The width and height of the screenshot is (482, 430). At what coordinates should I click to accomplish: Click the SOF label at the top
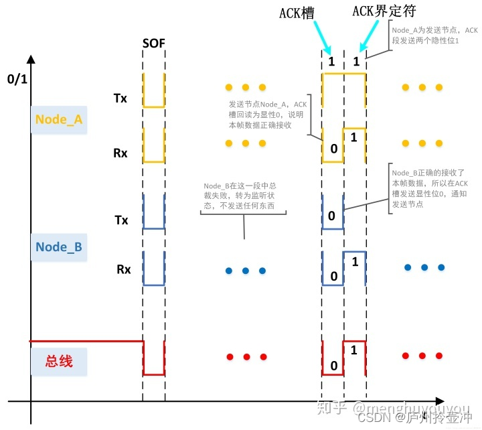coord(153,44)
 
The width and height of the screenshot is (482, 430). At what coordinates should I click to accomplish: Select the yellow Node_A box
coord(58,119)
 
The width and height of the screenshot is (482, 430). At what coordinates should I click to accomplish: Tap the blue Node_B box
coord(58,246)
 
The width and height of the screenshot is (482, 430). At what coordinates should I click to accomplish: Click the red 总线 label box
coord(58,362)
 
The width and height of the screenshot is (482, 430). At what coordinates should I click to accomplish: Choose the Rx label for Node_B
coord(123,269)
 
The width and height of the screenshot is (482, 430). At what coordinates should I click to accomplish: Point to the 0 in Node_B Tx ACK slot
coord(331,216)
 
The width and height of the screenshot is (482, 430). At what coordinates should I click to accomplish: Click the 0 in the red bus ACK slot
coord(333,366)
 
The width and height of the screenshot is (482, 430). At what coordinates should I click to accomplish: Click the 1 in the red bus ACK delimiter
coord(353,349)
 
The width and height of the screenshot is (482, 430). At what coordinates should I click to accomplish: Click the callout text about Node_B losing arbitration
coord(244,198)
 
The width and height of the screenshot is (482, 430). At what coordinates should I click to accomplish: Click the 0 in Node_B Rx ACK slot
coord(333,276)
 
